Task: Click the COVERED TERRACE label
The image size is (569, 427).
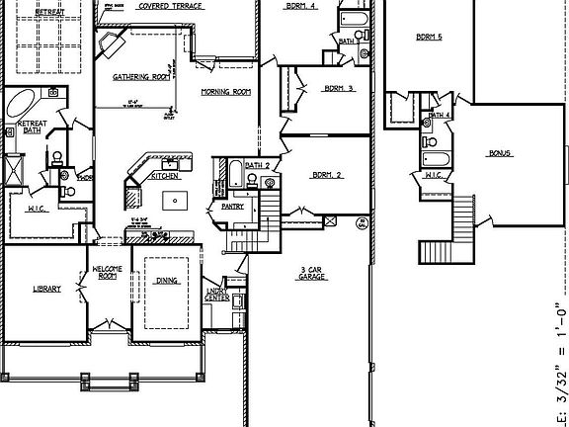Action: click(171, 6)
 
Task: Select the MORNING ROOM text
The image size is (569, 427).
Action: click(225, 92)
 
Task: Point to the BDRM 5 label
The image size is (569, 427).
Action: click(428, 38)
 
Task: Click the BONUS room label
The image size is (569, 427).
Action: click(500, 154)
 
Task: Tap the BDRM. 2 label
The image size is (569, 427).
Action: click(327, 175)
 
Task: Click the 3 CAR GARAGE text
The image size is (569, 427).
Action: click(313, 274)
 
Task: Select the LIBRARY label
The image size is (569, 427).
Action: click(46, 289)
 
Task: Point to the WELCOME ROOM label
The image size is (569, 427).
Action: click(107, 273)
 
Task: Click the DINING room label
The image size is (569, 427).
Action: click(167, 281)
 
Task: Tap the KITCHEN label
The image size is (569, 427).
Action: click(164, 176)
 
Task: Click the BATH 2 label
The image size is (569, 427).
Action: click(258, 165)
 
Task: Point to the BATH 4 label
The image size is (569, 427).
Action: click(441, 116)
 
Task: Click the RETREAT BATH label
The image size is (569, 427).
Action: click(31, 128)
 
